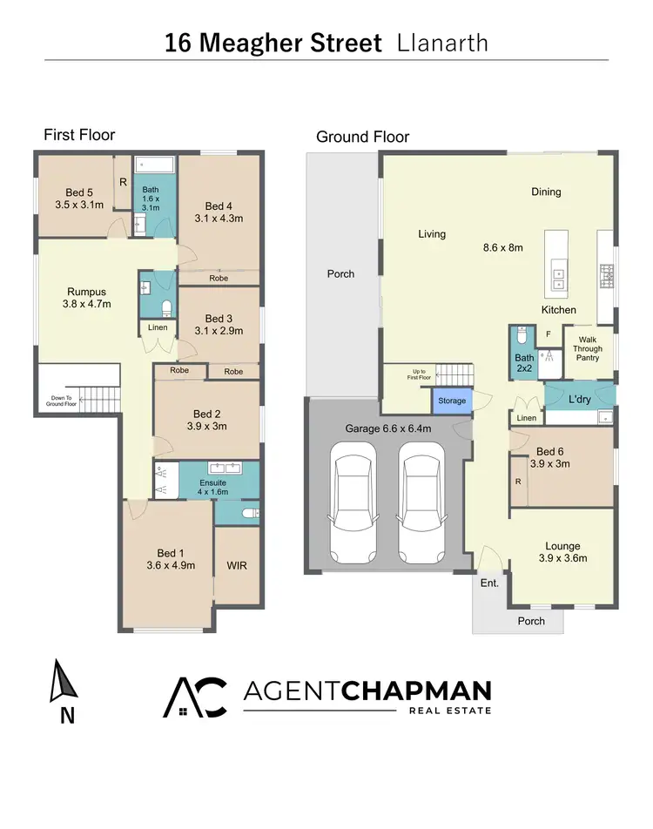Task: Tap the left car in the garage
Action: pyautogui.click(x=353, y=503)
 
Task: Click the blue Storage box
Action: pyautogui.click(x=452, y=401)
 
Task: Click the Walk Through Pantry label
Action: pyautogui.click(x=588, y=348)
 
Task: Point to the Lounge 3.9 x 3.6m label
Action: pyautogui.click(x=562, y=551)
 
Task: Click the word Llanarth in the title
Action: pyautogui.click(x=442, y=44)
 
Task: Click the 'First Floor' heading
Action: pyautogui.click(x=79, y=135)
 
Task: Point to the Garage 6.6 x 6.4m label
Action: pyautogui.click(x=388, y=428)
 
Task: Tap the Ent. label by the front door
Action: pyautogui.click(x=489, y=583)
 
